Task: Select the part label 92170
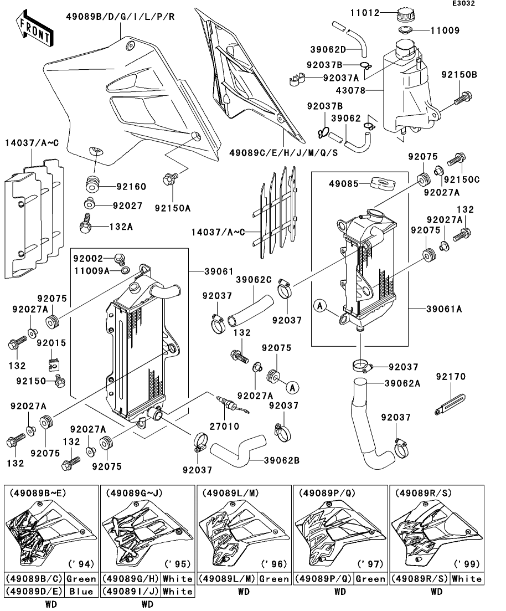[x=451, y=377]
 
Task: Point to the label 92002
[x=89, y=258]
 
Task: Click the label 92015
[x=52, y=343]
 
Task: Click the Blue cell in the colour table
[x=81, y=591]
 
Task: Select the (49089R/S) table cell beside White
[x=419, y=579]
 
